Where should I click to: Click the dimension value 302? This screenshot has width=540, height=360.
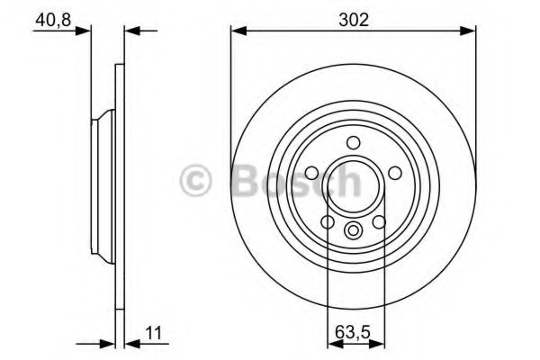point(353,18)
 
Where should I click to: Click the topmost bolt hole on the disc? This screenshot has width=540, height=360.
point(353,141)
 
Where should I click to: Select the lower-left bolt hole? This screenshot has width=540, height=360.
point(328,221)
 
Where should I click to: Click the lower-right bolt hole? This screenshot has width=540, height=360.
point(379,221)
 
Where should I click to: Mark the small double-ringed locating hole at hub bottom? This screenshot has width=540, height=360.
point(354,230)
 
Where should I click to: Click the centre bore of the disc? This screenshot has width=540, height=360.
point(354,184)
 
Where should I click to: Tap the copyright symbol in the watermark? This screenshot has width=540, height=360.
point(195,180)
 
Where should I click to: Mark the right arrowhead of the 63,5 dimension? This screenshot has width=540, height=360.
point(378,343)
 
